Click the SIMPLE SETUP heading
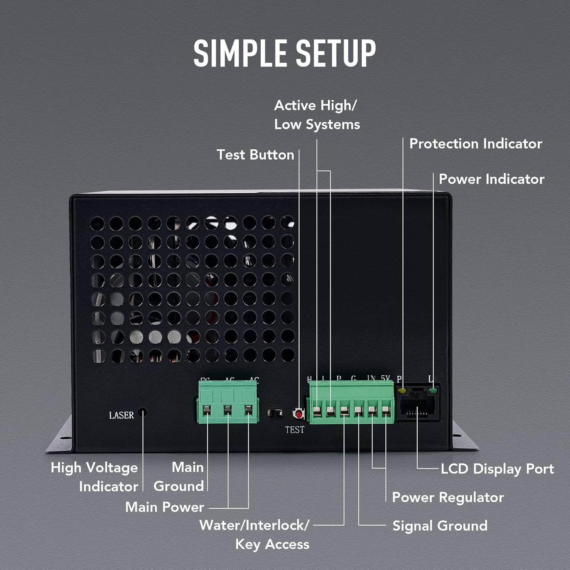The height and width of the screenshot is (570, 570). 285,53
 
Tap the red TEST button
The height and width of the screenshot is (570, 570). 299,413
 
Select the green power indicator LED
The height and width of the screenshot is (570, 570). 432,390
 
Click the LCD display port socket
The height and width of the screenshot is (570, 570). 417,405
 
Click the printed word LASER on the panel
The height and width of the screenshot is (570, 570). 121,415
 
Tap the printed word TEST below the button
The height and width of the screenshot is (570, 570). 294,430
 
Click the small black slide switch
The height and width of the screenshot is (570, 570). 275,413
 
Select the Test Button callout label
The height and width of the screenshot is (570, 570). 255,155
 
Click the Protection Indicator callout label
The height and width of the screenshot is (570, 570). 475,144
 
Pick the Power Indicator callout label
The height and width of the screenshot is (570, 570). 491,179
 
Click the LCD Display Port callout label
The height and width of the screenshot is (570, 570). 497,469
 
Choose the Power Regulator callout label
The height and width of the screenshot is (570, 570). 448,497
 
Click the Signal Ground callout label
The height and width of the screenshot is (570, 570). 440,526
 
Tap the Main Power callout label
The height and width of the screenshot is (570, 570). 165,507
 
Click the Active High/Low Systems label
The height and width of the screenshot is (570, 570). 317,115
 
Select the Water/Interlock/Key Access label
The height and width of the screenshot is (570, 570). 255,535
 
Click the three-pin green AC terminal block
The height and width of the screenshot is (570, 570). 228,402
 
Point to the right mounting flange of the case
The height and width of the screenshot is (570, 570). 464,437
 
